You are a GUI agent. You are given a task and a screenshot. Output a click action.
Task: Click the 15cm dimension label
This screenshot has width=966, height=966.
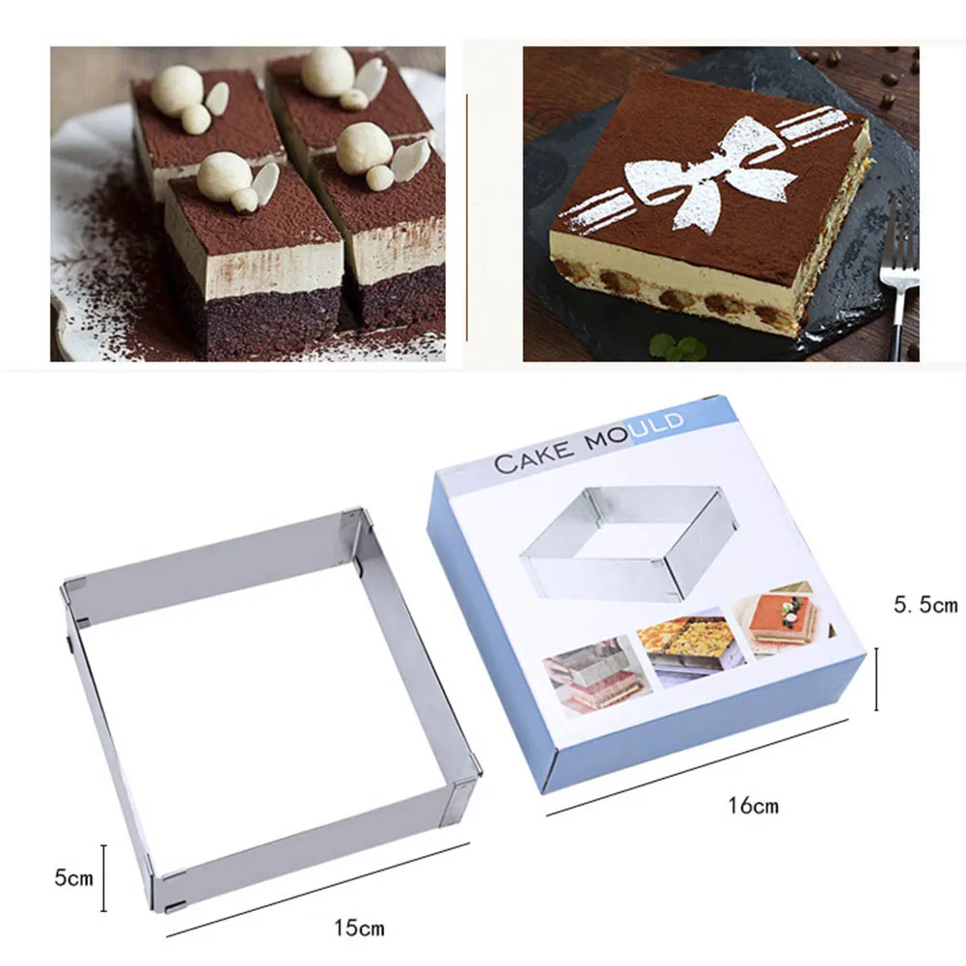pyautogui.click(x=359, y=928)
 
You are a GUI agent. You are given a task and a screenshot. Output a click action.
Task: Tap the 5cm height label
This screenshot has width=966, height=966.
pyautogui.click(x=74, y=877)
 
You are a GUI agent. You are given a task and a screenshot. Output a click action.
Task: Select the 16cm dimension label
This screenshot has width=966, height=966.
pyautogui.click(x=754, y=804)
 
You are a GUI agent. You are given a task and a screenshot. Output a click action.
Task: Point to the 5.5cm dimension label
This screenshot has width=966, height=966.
pyautogui.click(x=924, y=605)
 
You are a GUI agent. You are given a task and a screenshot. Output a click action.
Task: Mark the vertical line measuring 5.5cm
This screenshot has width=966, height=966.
pyautogui.click(x=876, y=678)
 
